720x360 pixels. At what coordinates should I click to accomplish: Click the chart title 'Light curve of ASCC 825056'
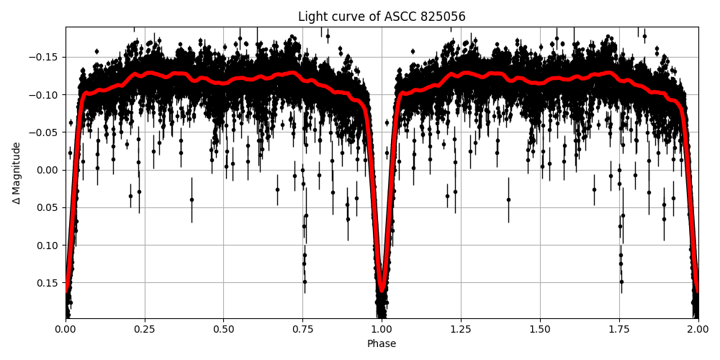point(382,17)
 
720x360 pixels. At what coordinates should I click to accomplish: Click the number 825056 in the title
point(441,17)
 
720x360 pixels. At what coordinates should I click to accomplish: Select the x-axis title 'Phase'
point(382,344)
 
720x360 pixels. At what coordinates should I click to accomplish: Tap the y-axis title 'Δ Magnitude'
point(16,173)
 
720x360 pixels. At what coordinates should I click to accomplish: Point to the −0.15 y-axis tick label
point(45,58)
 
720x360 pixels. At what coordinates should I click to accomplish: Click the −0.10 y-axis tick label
point(45,95)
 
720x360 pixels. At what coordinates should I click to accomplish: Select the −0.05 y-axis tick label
point(45,132)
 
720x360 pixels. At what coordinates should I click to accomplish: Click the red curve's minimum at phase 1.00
point(382,291)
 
